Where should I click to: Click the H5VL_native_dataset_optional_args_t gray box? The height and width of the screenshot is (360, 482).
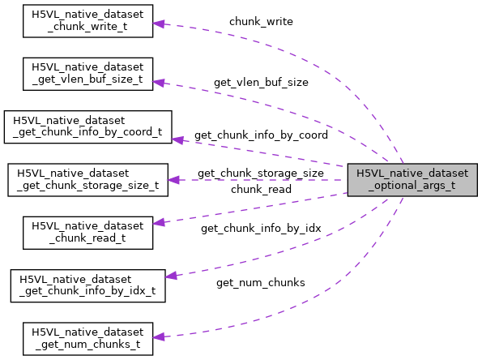[x=412, y=180]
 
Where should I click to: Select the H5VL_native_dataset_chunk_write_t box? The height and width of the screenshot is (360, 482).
[x=87, y=20]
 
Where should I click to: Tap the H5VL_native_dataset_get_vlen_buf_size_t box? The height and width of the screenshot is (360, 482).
[x=87, y=74]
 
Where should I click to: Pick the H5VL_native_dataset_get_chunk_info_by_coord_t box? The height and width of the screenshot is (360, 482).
[x=87, y=127]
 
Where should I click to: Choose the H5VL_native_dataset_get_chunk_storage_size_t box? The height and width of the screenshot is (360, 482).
[x=87, y=180]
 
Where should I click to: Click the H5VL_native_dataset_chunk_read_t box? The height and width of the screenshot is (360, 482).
[x=87, y=233]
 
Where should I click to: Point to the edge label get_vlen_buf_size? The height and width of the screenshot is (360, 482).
[x=261, y=82]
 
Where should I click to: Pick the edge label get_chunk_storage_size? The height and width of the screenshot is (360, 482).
[x=260, y=174]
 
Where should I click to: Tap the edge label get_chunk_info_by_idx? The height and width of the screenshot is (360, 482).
[x=261, y=229]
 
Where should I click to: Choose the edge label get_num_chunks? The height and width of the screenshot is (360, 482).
[x=260, y=282]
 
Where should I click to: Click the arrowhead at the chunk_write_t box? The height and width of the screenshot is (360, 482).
[x=160, y=24]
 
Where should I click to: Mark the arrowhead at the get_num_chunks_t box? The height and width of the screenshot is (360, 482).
[x=160, y=336]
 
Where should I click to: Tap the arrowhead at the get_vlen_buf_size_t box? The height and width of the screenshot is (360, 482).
[x=160, y=81]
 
